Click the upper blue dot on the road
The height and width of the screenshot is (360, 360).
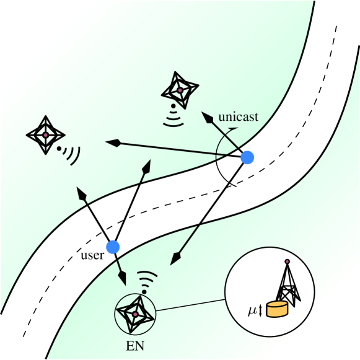click(247, 158)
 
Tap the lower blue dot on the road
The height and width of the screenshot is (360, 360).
click(112, 247)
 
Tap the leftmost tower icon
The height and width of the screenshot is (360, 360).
click(45, 134)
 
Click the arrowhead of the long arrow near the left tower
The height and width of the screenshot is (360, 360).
click(112, 143)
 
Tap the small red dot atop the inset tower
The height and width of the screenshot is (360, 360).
click(286, 261)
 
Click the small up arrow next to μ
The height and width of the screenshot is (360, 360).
click(260, 309)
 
